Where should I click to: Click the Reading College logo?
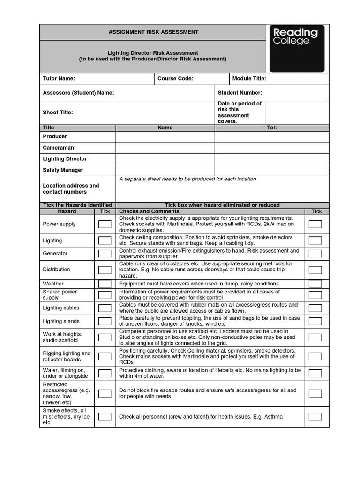(296, 48)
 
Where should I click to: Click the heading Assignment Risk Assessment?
(153, 32)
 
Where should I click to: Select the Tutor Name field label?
(59, 79)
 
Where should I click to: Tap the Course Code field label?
(175, 79)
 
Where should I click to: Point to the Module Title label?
(249, 79)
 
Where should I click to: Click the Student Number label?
(240, 93)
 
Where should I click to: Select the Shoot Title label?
(58, 112)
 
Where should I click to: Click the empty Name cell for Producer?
(165, 137)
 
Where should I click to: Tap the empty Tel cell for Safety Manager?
(272, 171)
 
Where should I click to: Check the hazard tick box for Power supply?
(105, 225)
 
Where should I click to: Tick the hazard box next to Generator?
(105, 254)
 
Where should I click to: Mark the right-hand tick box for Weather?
(315, 284)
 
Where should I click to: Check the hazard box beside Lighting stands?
(105, 322)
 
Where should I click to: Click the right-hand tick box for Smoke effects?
(315, 417)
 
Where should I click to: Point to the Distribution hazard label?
(57, 270)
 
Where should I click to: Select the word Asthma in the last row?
(274, 417)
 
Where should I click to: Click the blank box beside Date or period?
(297, 112)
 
